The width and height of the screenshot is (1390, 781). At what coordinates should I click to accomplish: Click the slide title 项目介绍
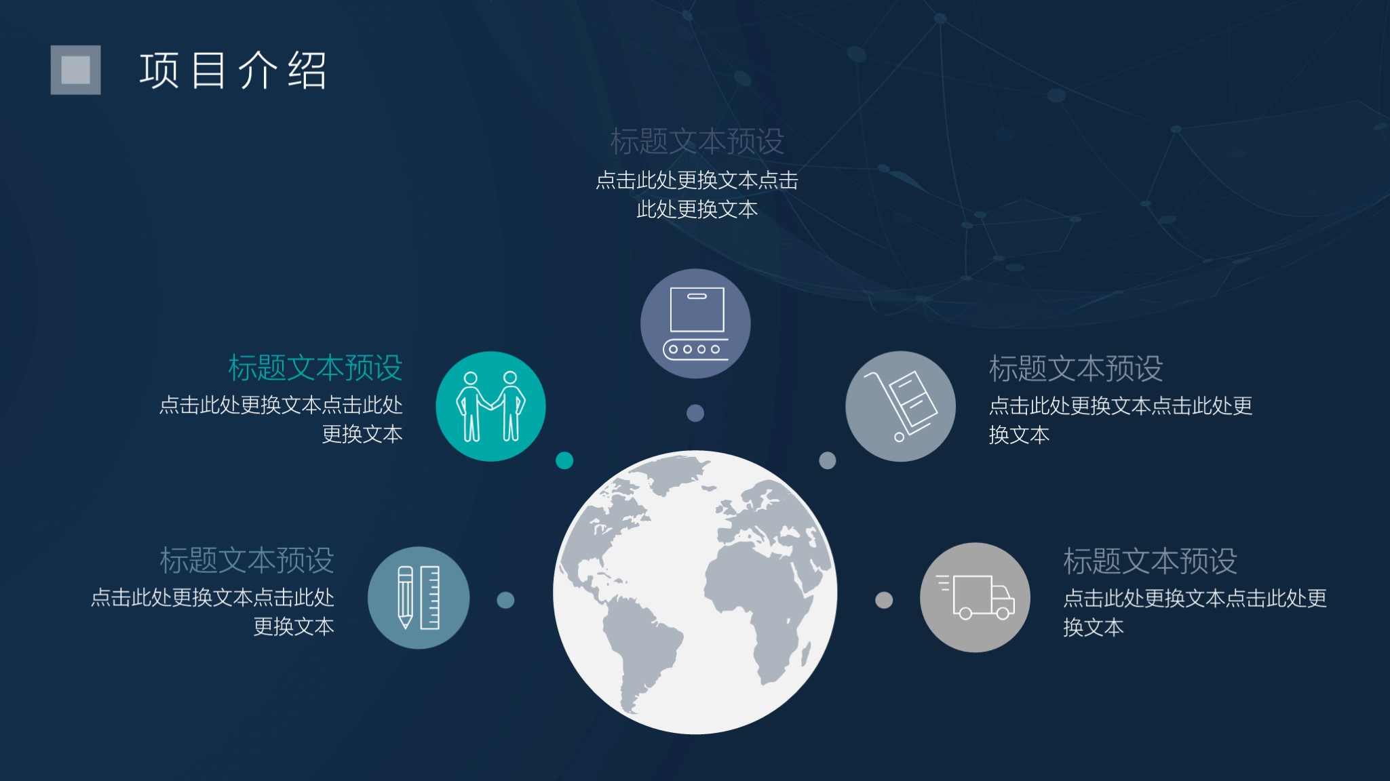(x=233, y=71)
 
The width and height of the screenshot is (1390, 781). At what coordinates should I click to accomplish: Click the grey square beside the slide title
(x=75, y=70)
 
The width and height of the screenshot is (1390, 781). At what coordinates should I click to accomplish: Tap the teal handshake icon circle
(x=490, y=406)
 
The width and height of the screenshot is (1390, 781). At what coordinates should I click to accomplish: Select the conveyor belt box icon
(x=695, y=323)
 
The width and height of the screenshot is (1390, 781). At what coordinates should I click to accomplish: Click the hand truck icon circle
(x=900, y=406)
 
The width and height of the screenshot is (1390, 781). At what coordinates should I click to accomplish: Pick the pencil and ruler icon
(x=419, y=597)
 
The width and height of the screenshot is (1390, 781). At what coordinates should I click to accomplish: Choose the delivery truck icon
(x=975, y=597)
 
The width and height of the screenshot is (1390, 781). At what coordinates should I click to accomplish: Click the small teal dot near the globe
(x=564, y=460)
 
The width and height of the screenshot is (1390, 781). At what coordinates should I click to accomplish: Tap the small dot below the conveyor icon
(x=695, y=413)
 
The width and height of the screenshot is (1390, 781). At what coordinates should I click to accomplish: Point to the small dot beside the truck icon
(x=884, y=600)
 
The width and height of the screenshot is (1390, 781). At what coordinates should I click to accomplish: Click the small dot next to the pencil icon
(x=505, y=600)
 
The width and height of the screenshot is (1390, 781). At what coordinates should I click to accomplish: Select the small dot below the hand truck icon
(x=828, y=460)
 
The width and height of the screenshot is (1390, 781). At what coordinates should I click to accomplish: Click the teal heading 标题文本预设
(x=315, y=368)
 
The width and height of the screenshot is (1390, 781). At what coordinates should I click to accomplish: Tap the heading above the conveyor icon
(x=697, y=142)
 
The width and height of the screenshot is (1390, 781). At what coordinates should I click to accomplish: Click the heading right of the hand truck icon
(x=1076, y=369)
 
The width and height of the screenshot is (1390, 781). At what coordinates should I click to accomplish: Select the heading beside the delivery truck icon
(x=1151, y=561)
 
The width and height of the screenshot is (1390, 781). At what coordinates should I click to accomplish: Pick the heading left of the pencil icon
(x=247, y=561)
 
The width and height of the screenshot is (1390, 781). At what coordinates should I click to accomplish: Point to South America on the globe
(x=641, y=651)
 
